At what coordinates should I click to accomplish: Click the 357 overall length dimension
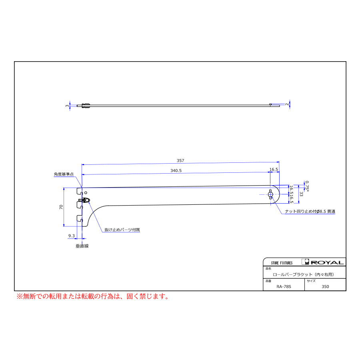pos(180,160)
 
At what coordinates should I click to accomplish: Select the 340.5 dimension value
pos(176,170)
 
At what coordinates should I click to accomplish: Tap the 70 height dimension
pos(61,207)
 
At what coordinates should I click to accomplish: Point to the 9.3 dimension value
pos(72,236)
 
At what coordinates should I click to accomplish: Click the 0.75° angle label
pos(307,186)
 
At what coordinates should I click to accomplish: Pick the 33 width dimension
pos(301,194)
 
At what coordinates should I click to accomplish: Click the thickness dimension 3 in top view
pos(67,106)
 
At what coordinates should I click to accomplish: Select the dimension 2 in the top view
pos(287,104)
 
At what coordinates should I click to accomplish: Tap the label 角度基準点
pos(64,174)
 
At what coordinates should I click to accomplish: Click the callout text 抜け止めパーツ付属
pos(122,230)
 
